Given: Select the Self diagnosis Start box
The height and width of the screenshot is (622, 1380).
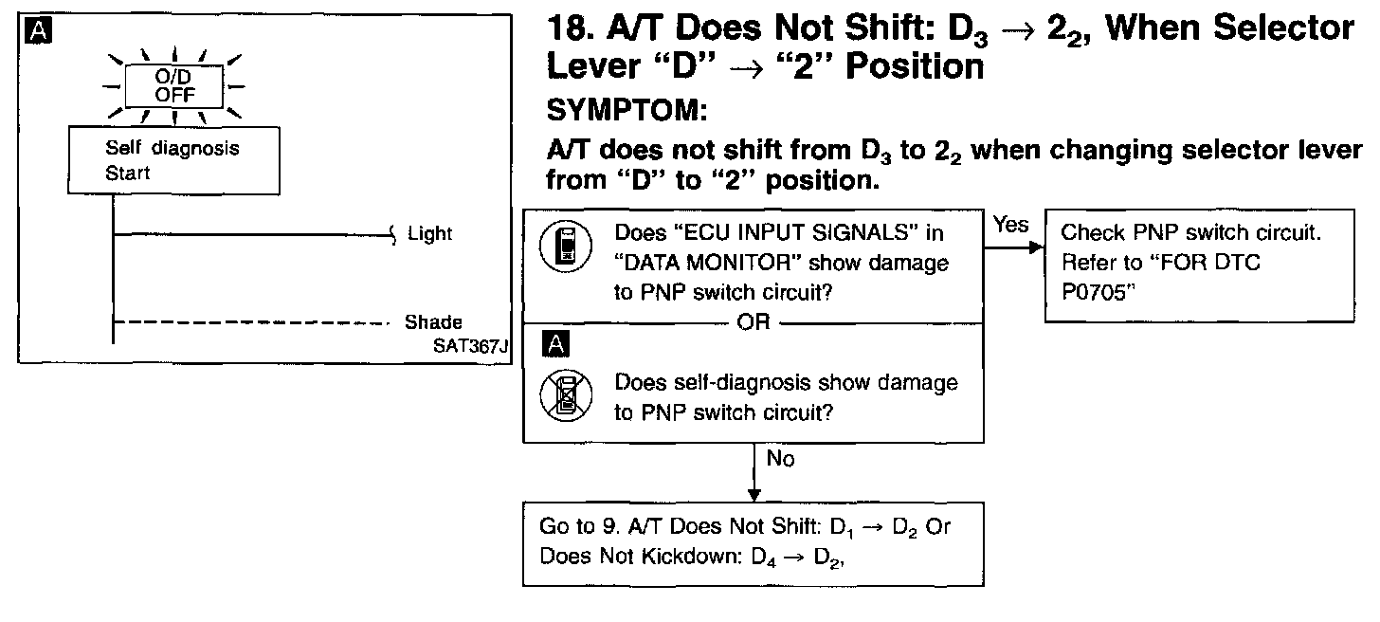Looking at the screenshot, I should [x=173, y=161].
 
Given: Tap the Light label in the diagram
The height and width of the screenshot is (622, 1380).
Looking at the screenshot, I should [x=429, y=233].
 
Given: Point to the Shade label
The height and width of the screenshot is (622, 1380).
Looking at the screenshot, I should [x=433, y=322].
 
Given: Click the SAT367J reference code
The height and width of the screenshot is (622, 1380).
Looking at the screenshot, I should [x=471, y=346].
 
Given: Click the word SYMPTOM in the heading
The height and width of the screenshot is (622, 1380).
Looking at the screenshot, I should [x=627, y=112].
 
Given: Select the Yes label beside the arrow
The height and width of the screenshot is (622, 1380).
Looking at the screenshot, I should [x=1010, y=225].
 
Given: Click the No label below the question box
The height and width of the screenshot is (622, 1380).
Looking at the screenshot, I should [x=780, y=459].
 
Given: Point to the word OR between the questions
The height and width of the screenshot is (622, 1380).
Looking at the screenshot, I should [x=754, y=322].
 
